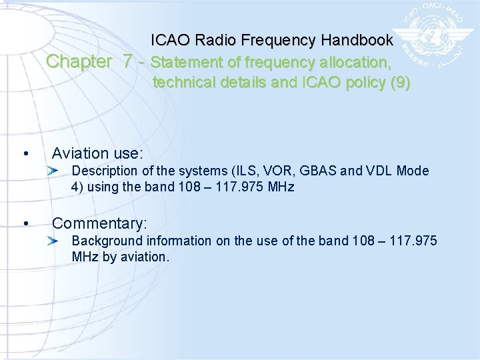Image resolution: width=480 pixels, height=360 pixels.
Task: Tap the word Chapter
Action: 79,62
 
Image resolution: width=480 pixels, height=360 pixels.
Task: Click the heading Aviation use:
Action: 97,153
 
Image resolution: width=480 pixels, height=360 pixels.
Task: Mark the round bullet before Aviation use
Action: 25,155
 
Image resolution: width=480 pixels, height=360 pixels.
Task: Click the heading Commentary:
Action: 99,223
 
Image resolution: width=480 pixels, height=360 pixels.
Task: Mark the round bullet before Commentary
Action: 25,223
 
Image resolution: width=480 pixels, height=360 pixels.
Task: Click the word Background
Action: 103,240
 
